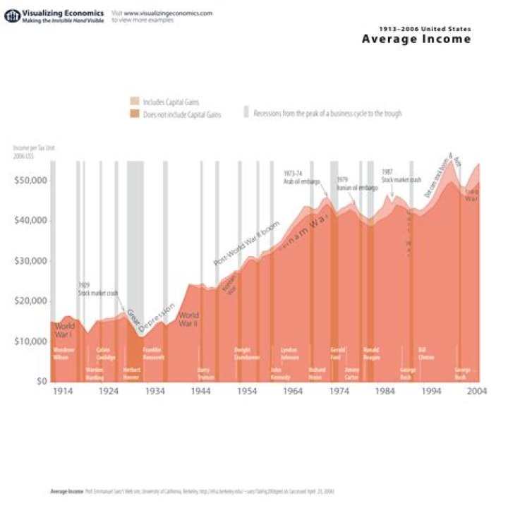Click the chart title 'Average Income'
416,40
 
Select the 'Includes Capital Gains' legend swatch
135,102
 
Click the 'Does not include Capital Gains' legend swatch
135,114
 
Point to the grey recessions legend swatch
246,113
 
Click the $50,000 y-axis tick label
30,181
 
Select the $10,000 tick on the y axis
30,341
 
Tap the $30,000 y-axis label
30,261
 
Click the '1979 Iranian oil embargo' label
356,185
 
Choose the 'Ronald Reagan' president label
371,353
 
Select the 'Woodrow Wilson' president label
64,353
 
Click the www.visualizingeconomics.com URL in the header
168,13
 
